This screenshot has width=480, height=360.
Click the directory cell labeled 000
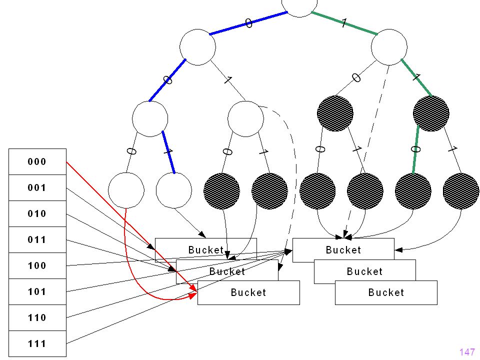click(x=37, y=161)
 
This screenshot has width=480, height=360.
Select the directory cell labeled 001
click(x=37, y=187)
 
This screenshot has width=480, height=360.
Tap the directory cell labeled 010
click(x=37, y=213)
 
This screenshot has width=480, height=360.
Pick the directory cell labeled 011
click(x=37, y=239)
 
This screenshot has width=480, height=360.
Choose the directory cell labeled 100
click(x=37, y=265)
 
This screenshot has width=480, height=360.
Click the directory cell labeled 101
click(x=37, y=291)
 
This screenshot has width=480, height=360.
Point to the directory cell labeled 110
click(x=37, y=318)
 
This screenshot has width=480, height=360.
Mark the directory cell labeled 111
click(x=37, y=344)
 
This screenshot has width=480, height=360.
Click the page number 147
click(x=467, y=352)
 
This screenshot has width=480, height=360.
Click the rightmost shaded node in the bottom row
click(x=461, y=191)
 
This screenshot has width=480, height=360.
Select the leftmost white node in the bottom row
click(x=126, y=190)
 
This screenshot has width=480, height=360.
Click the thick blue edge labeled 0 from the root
click(x=248, y=23)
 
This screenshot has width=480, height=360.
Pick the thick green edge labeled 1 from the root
click(x=344, y=23)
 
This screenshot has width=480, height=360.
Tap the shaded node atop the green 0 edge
click(x=431, y=113)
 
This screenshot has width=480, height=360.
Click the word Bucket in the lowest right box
click(x=386, y=292)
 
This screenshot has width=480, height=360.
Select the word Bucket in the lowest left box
click(x=248, y=292)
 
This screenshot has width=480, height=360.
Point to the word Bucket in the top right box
click(x=343, y=250)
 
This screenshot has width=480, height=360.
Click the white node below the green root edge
click(x=389, y=47)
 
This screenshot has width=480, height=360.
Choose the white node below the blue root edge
click(x=197, y=47)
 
